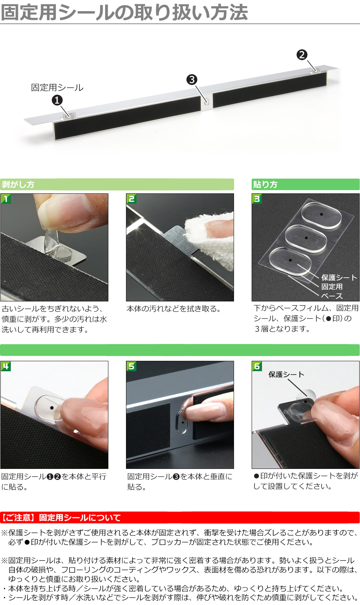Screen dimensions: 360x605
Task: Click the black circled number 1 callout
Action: tap(57, 100)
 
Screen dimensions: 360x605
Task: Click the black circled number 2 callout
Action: tap(302, 55)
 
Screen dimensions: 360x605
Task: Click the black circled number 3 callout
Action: tap(192, 80)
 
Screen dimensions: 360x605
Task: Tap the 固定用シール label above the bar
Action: tap(57, 88)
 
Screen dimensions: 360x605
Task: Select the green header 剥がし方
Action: tap(18, 184)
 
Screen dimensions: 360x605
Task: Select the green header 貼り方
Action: tap(265, 184)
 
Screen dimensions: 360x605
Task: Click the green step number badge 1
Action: tap(6, 199)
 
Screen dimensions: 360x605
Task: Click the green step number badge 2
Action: tap(131, 199)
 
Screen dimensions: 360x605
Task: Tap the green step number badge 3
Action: tap(257, 199)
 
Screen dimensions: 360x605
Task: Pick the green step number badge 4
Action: tap(6, 366)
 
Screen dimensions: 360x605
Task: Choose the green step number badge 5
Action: tap(131, 366)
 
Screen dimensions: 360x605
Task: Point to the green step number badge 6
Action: tap(257, 366)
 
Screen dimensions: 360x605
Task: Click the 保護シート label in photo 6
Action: tap(286, 375)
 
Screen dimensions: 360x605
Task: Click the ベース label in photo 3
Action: tap(332, 296)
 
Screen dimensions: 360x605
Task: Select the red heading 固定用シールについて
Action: tap(80, 517)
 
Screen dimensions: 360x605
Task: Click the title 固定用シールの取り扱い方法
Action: tap(124, 12)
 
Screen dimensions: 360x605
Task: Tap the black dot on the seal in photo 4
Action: tap(52, 408)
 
